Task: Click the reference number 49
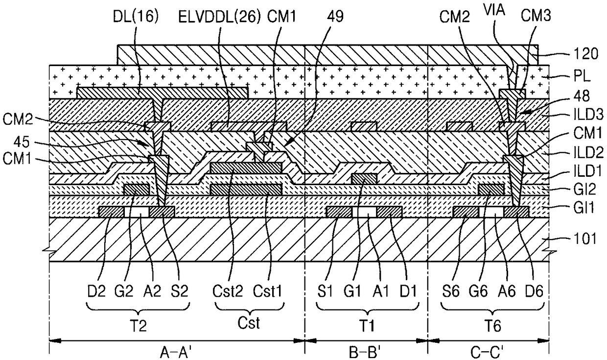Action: [337, 17]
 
